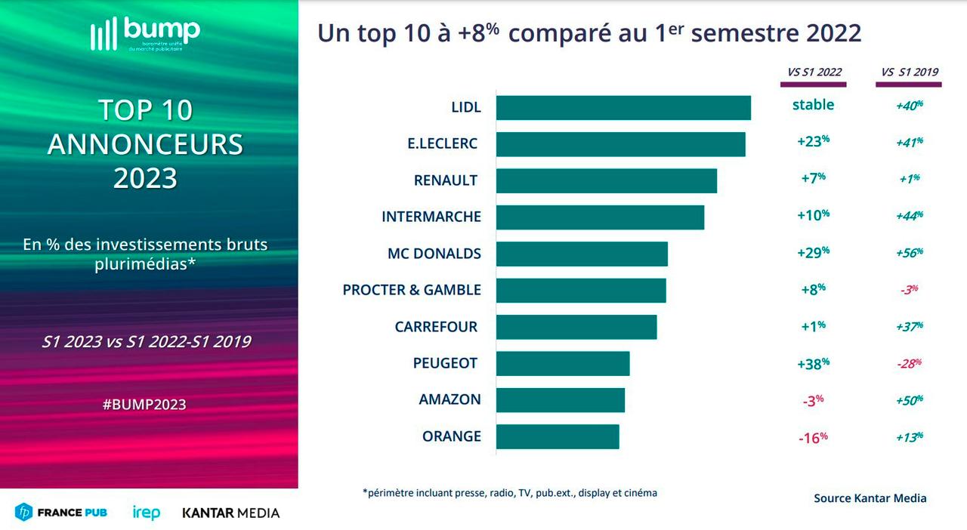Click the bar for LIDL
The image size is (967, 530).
pos(623,108)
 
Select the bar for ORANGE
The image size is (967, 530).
pos(558,436)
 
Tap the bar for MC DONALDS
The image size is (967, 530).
pos(582,254)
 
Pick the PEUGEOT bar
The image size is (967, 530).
pos(563,363)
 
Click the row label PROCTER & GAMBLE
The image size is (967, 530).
pos(412,290)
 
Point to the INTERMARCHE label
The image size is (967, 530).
pos(431,217)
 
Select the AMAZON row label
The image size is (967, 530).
pos(450,399)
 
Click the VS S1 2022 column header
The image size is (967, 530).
pos(814,72)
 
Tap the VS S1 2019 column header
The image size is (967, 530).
pos(909,72)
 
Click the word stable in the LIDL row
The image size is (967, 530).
pos(813,105)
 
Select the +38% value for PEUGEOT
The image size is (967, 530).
pos(813,363)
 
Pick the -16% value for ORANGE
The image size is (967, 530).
pos(813,437)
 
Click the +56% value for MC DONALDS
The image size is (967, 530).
pos(909,252)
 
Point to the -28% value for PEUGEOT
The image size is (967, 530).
pos(909,363)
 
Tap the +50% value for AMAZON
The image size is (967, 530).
pos(909,399)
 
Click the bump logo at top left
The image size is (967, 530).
pos(145,33)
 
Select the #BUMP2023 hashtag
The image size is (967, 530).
pos(144,404)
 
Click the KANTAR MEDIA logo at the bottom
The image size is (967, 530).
pos(230,513)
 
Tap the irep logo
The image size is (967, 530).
pos(146,513)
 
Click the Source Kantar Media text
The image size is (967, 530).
pos(870,498)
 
